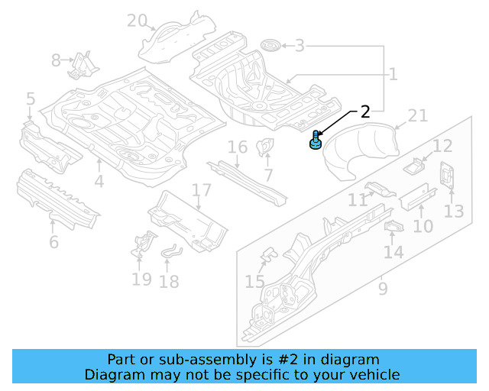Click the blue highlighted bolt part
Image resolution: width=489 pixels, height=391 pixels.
(315, 141)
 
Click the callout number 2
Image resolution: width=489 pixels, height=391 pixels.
(364, 111)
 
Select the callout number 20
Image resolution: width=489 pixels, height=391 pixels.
(137, 21)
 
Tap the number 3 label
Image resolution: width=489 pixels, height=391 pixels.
(300, 46)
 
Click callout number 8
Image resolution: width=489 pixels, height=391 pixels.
(56, 60)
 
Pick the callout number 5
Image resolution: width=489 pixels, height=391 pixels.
(31, 99)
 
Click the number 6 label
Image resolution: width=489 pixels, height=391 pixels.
(53, 242)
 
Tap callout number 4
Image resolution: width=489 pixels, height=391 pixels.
(99, 182)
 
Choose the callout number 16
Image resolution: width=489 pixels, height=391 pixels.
(238, 147)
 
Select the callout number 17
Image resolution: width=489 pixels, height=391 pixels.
(201, 190)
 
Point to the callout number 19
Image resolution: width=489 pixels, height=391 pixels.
(141, 279)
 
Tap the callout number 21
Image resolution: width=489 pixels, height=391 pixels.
(417, 115)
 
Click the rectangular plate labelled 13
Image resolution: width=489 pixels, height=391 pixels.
(447, 176)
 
